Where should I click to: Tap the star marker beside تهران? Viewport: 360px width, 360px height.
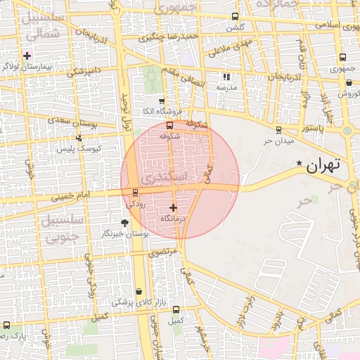(x=299, y=164)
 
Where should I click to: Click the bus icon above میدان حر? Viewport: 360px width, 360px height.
(x=278, y=130)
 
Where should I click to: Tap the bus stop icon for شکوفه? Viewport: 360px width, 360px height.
(x=168, y=125)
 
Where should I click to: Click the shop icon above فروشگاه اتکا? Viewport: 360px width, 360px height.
(x=162, y=101)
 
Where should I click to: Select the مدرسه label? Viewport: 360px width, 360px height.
(x=226, y=87)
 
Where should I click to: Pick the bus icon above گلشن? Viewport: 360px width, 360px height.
(x=235, y=17)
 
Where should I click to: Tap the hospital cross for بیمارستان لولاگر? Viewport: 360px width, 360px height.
(x=27, y=56)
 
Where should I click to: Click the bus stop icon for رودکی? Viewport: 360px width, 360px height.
(x=135, y=192)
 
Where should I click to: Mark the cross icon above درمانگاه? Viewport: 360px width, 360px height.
(x=174, y=207)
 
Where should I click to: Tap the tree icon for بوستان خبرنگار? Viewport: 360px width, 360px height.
(x=124, y=222)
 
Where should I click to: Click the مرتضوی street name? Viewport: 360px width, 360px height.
(x=163, y=250)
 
